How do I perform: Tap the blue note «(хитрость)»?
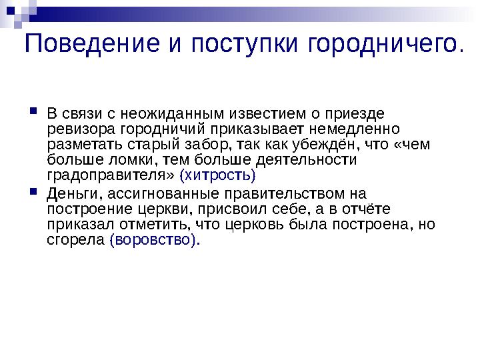click(x=218, y=176)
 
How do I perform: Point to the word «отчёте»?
click(x=359, y=209)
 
